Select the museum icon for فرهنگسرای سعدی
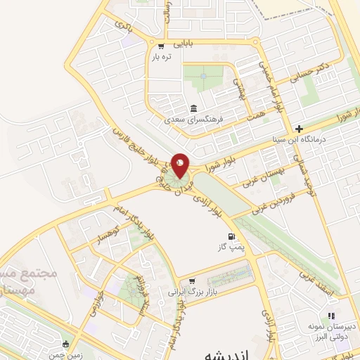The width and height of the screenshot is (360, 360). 193,108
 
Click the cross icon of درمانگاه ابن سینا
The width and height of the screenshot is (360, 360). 300,128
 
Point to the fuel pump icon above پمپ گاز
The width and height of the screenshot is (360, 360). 229,237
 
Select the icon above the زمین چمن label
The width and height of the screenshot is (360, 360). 65,344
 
